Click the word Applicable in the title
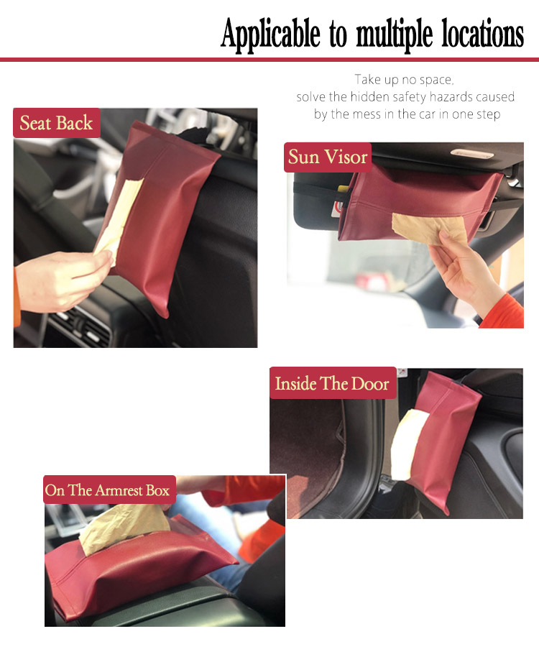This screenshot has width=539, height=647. click(x=270, y=35)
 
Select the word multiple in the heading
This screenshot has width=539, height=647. click(x=395, y=35)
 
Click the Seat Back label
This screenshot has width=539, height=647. click(x=57, y=123)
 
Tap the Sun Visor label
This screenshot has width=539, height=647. click(x=328, y=157)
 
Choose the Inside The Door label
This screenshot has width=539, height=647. click(x=333, y=383)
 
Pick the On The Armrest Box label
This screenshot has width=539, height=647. click(x=108, y=490)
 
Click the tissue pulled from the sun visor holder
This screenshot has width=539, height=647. click(x=430, y=229)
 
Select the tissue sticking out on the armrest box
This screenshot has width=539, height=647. click(x=124, y=528)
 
